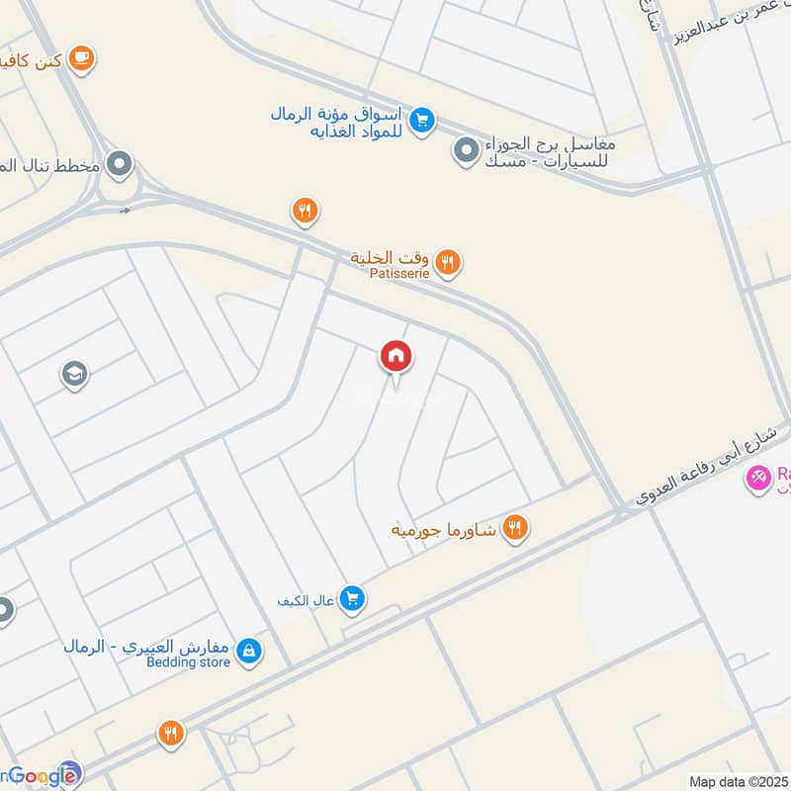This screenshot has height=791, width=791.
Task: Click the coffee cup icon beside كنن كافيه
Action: tap(83, 59)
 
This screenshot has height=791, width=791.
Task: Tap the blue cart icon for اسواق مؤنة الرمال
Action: tap(423, 120)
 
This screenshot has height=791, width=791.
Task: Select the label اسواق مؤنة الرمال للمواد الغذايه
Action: tap(341, 123)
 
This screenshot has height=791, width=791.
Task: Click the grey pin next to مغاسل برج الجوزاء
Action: tap(465, 151)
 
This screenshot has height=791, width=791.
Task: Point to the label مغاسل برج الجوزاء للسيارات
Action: tap(550, 151)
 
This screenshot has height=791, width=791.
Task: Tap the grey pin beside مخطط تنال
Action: tap(120, 164)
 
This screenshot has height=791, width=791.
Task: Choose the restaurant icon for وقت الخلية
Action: tap(449, 262)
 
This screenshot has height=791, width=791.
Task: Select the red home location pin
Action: tap(396, 357)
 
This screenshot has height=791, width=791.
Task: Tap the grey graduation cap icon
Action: tap(74, 375)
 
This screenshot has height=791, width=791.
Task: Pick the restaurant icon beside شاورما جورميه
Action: tap(514, 528)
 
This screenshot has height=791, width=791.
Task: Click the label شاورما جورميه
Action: tap(445, 530)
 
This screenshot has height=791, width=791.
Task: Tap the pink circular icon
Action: tap(758, 480)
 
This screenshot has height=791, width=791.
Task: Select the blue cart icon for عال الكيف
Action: tap(352, 598)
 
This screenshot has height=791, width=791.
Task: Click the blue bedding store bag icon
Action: tap(249, 649)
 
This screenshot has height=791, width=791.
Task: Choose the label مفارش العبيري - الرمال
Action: tap(146, 647)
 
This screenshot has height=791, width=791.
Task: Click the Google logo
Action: tap(40, 776)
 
